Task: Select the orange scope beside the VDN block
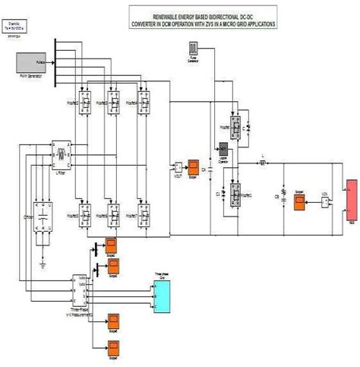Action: (x=300, y=201)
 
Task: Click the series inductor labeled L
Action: (x=263, y=163)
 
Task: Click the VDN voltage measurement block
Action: (x=324, y=201)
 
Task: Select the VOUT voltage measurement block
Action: (x=177, y=167)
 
